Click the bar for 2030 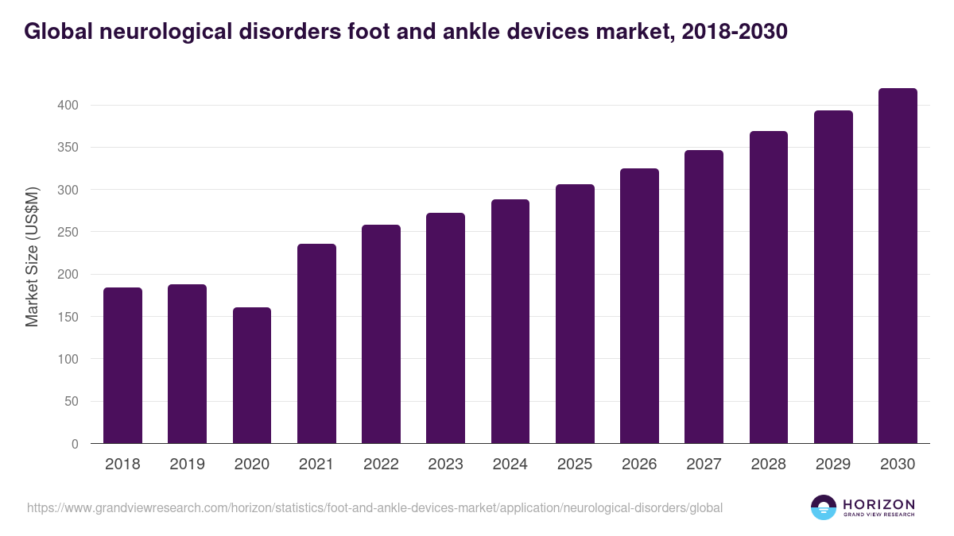[898, 266]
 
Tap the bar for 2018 [122, 365]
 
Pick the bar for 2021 [316, 343]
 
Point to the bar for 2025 [575, 314]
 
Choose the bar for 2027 [704, 296]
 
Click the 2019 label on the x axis [187, 465]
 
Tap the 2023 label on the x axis [445, 465]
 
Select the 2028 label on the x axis [768, 465]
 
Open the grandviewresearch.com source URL [374, 507]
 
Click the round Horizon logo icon [824, 507]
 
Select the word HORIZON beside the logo [878, 503]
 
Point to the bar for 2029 [833, 277]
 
